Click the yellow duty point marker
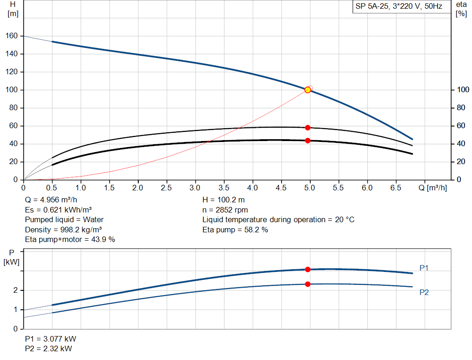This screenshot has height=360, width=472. (307, 90)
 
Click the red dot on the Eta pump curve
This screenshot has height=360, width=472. (307, 128)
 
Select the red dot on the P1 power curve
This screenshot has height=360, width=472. (307, 270)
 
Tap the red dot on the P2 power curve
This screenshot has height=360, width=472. (307, 284)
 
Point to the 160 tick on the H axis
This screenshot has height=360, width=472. (12, 36)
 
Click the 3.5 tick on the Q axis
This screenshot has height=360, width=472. (224, 188)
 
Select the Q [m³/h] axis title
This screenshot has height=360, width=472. (433, 188)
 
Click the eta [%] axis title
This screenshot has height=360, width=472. (461, 9)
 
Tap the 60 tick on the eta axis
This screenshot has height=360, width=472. (460, 126)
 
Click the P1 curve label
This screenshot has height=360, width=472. (424, 268)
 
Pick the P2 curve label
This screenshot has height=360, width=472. (424, 292)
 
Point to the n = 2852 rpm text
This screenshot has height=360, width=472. (225, 210)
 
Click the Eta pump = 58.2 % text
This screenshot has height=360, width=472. (235, 230)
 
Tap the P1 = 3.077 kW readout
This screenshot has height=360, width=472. (51, 339)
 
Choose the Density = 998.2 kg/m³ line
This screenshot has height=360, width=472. (64, 230)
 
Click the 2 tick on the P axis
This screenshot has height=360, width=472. (16, 290)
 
